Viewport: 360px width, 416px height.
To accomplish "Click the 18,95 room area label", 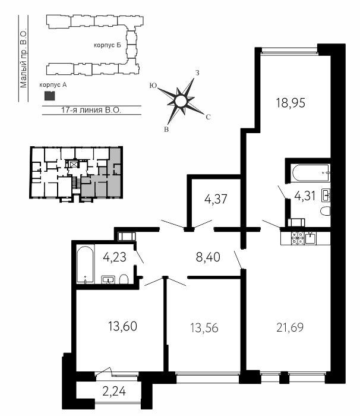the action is (290, 103).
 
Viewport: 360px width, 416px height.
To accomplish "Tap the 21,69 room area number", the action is (290, 327).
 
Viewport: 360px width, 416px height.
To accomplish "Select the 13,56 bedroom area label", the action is (204, 328).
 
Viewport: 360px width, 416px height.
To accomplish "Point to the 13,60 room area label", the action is (122, 326).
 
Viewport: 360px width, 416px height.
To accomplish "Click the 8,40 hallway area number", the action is (208, 257).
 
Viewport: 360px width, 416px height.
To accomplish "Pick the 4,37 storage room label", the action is (216, 199).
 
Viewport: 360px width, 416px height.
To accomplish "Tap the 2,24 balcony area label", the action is (114, 392).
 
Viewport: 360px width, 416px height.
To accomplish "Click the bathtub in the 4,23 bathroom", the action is (86, 264).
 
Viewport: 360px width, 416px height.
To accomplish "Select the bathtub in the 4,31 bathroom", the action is (310, 173).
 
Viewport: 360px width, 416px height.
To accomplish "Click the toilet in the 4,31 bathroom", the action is (325, 211).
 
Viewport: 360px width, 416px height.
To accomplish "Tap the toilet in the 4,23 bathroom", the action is (124, 279).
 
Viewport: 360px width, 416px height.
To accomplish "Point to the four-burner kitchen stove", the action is (298, 238).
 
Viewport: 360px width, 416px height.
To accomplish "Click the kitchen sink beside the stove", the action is (310, 238).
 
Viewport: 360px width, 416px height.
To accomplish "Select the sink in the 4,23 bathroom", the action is (108, 280).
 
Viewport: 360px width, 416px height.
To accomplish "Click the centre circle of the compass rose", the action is (181, 101).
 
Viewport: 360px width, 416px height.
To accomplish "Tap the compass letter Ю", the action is (153, 85).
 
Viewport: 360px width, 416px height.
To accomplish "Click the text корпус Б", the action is (108, 45).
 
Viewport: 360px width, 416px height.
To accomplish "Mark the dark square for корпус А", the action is (50, 96).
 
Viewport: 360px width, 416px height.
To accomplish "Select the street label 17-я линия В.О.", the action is (91, 110).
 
